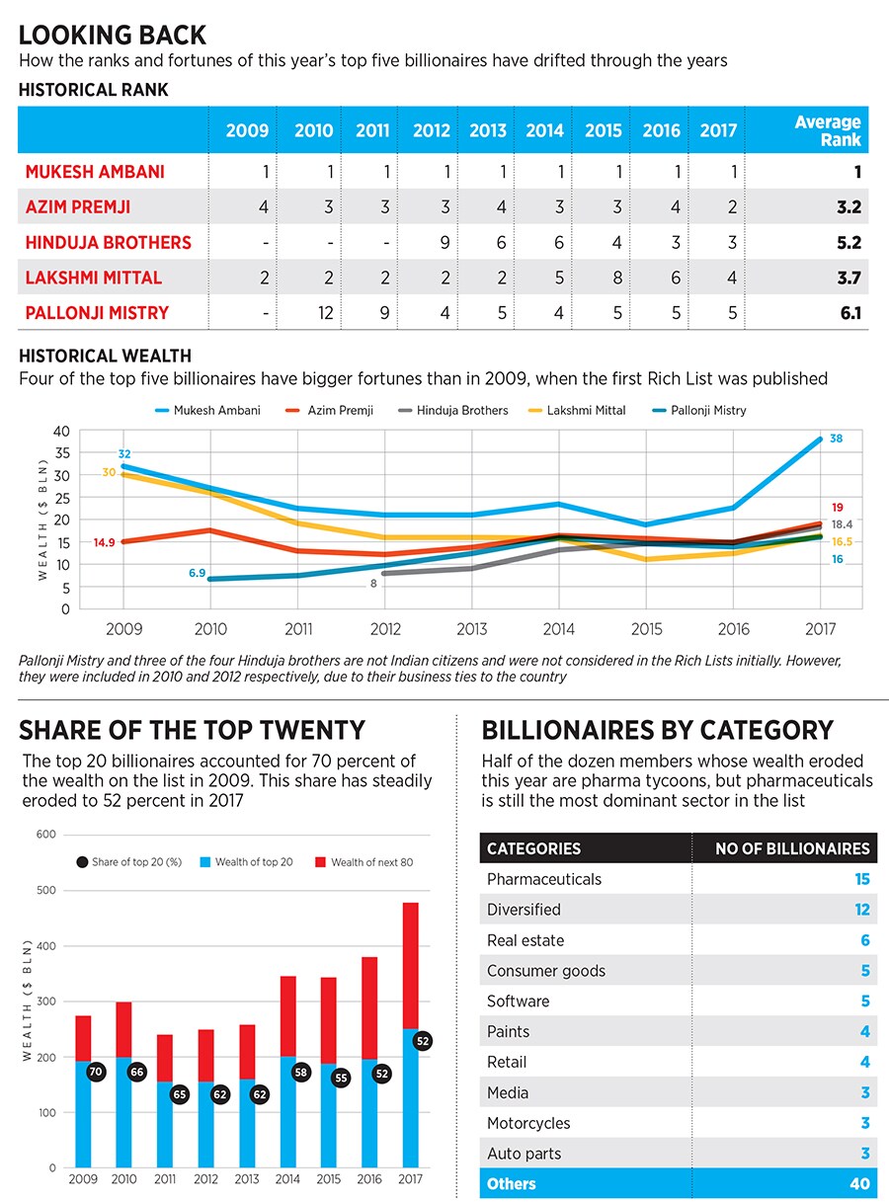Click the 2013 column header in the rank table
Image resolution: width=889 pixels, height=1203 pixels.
coord(487,130)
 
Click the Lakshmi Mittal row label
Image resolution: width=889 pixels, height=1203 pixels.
coord(94,279)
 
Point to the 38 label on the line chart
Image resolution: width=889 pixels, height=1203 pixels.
coord(836,438)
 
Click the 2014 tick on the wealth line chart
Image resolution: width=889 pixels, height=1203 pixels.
coord(559,629)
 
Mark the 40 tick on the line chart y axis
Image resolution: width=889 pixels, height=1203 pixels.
coord(61,431)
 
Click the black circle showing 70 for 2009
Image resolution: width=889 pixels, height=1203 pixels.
coord(96,1071)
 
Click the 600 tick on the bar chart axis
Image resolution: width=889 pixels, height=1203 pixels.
coord(45,835)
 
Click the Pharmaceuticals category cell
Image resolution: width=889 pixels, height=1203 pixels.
coord(544,879)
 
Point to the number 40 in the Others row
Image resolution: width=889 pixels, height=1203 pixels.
coord(859,1183)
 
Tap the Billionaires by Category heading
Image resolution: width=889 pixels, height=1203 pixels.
coord(657,730)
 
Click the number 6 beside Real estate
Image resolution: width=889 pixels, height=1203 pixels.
coord(864,940)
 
